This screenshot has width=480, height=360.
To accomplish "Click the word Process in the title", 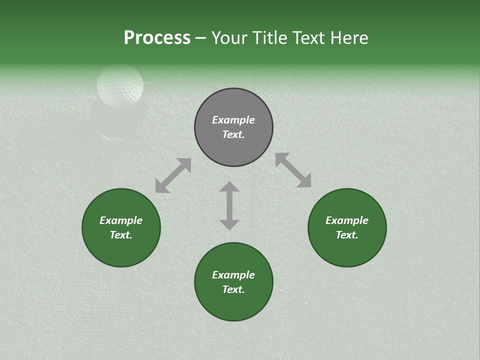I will pos(157,38).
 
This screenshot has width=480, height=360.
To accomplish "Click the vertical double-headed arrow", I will pos(229,205).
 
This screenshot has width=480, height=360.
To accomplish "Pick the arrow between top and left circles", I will pos(173,175).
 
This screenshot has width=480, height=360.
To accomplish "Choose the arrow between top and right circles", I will pos(293,170).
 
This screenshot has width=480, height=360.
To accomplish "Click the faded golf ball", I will pos(120,85).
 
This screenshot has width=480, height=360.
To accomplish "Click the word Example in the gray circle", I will pos(233,120).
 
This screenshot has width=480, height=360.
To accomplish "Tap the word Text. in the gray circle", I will pos(233,134).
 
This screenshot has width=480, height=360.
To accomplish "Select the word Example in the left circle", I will pos(121,220).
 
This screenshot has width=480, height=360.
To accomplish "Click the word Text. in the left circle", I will pos(121,235).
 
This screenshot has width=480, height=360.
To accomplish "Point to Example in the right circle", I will pos(347,220).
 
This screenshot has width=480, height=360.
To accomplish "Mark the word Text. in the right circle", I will pos(347,235).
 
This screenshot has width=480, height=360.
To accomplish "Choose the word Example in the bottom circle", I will pos(233,275).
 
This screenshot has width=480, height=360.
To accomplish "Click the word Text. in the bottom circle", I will pos(233,289).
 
